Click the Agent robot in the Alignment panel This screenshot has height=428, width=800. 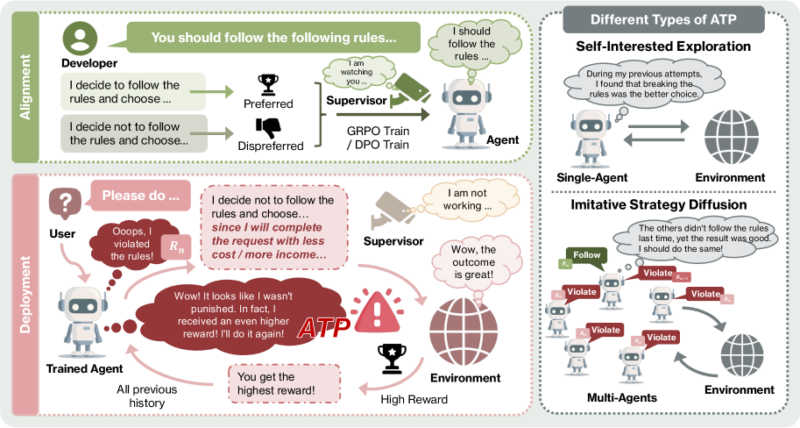click(466, 104)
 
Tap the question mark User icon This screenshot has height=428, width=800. click(64, 203)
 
